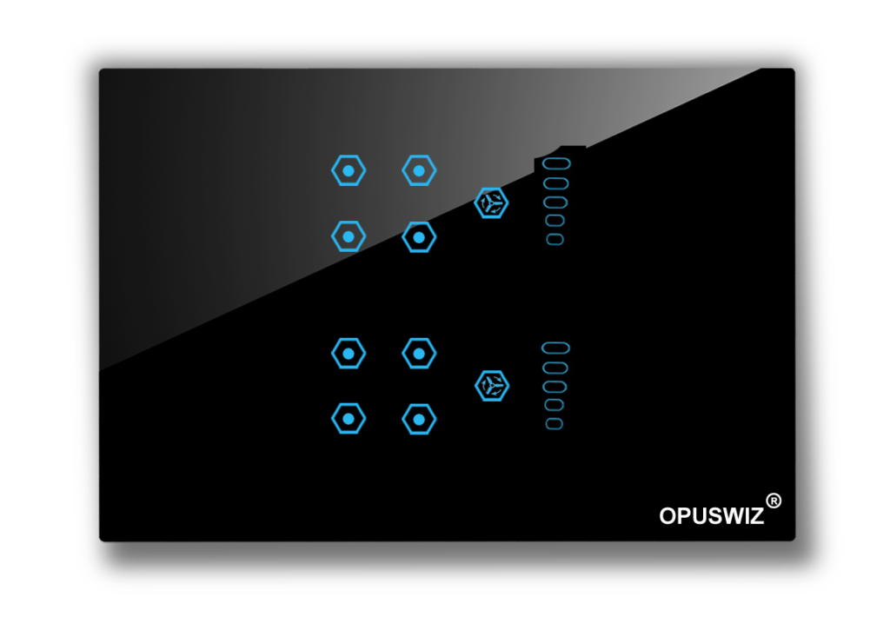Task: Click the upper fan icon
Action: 491,202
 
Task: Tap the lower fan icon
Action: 492,386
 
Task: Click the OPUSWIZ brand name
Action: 711,516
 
